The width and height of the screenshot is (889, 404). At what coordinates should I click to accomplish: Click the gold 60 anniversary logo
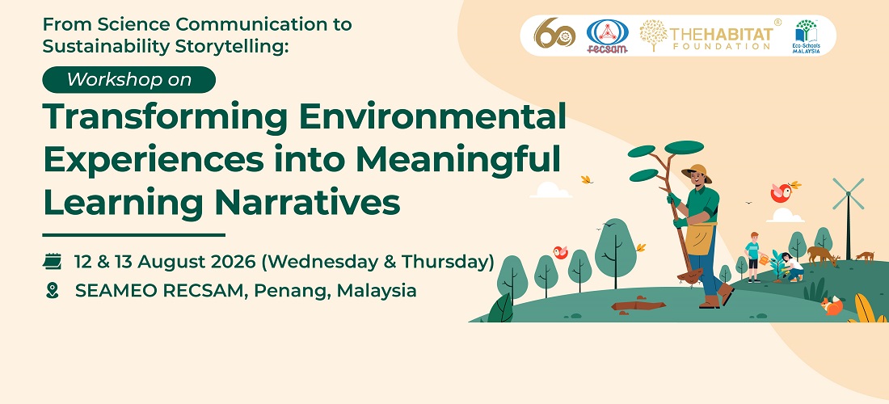coord(554,33)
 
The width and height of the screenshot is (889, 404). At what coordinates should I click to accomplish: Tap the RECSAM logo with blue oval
coord(607,36)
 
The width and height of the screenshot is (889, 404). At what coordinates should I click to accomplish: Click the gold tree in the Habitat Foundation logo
coord(654,36)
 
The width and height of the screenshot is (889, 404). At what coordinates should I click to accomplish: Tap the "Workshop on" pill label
coord(129,79)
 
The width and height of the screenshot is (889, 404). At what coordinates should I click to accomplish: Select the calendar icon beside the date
coord(53,262)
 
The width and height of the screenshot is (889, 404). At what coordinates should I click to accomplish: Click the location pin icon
coord(53,291)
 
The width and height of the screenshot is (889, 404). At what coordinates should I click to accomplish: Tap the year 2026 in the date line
coord(237,262)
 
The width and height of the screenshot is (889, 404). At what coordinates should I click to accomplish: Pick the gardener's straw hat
coord(697,172)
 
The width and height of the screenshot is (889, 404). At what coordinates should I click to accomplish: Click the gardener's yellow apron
coord(700,238)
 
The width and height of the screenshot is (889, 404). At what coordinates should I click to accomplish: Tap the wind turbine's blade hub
coord(848,194)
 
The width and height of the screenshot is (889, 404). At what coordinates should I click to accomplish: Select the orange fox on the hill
coord(832,306)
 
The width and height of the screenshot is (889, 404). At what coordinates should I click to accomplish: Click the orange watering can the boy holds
coord(765,259)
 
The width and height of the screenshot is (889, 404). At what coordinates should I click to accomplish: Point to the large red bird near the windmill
coord(782,192)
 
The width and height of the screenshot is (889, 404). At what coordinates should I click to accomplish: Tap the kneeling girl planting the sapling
coord(792,267)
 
